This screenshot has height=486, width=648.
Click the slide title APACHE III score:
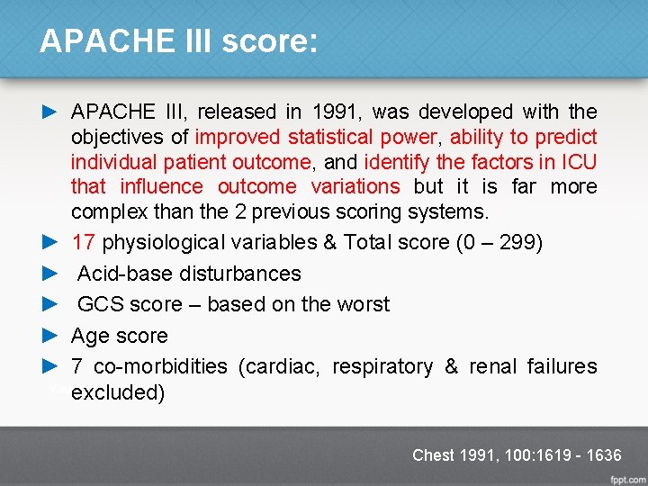(178, 41)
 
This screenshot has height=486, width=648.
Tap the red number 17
(84, 243)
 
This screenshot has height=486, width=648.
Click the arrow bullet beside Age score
(50, 336)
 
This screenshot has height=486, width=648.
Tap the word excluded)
(118, 393)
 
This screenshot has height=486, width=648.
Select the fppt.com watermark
(627, 477)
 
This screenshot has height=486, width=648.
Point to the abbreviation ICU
(579, 162)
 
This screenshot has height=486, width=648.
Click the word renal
(492, 366)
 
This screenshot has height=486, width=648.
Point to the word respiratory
(382, 366)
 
